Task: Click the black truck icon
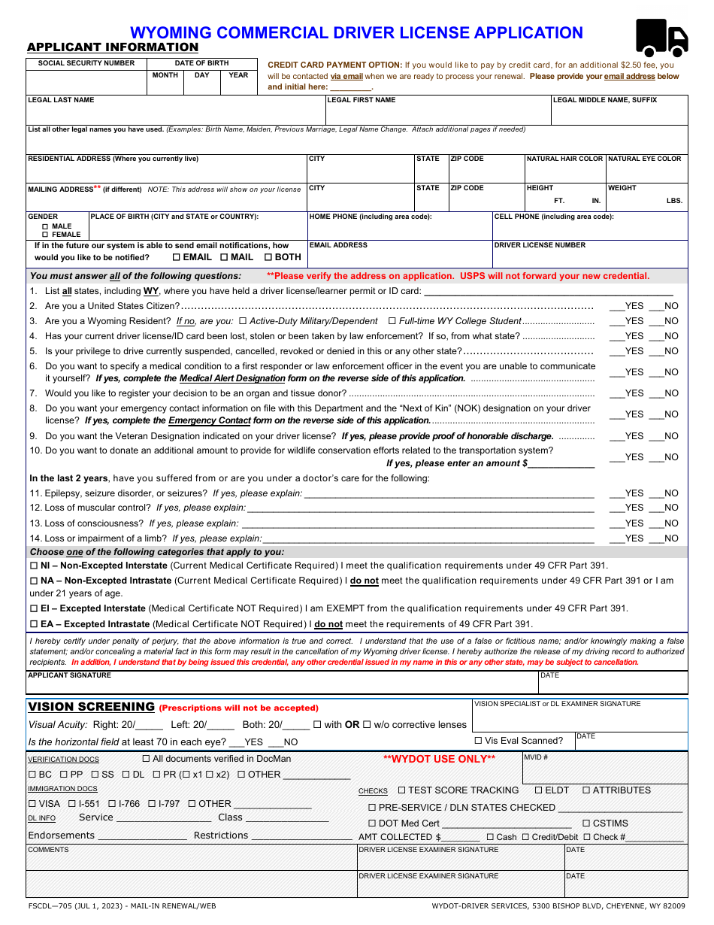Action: point(661,38)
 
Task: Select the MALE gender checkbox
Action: point(46,226)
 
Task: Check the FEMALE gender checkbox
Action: point(46,235)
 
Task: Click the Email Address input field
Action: point(399,257)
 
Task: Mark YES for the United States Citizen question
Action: point(616,306)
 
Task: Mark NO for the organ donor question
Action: point(655,393)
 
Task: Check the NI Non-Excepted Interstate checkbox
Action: point(34,566)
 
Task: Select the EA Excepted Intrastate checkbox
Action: point(34,624)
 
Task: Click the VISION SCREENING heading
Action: point(91,707)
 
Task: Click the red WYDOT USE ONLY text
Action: point(439,760)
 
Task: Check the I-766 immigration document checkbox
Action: point(112,804)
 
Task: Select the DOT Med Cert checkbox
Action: point(371,823)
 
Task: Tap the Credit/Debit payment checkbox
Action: point(526,837)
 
